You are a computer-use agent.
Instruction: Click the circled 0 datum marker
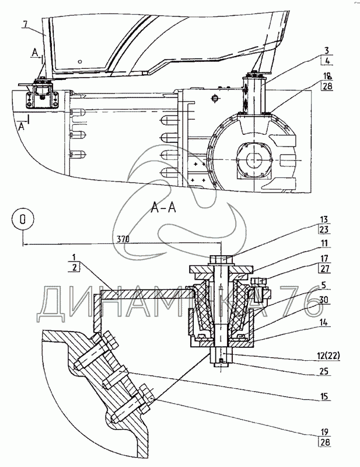pos(23,219)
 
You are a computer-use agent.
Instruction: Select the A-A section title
pos(163,208)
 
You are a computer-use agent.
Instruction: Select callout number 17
pos(324,258)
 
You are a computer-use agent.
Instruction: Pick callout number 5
pos(324,285)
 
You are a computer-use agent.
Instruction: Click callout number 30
pos(324,299)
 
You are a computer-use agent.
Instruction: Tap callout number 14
pos(324,322)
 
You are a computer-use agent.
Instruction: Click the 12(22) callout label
pos(326,356)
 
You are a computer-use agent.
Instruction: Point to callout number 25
pos(324,371)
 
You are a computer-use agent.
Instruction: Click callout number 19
pos(324,431)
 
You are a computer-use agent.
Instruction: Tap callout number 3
pos(327,51)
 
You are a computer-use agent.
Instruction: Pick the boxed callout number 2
pos(74,267)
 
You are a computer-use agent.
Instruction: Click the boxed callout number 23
pos(324,229)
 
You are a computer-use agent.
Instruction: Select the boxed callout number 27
pos(324,269)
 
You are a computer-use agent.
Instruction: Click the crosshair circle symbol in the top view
pos(214,98)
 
